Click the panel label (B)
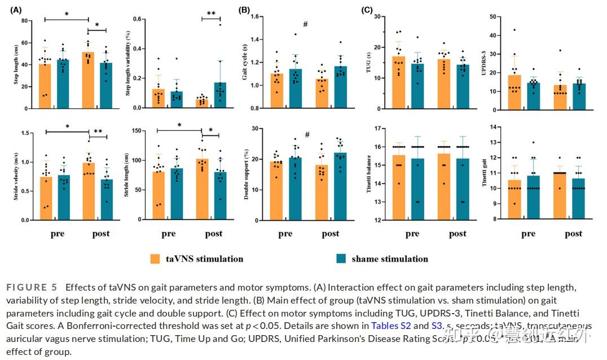(x=244, y=10)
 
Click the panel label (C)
(x=366, y=10)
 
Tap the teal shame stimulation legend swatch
(x=340, y=258)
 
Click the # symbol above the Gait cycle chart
(x=305, y=24)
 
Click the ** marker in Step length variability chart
(x=211, y=14)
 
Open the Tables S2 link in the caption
(x=391, y=326)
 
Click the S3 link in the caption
(x=437, y=326)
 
